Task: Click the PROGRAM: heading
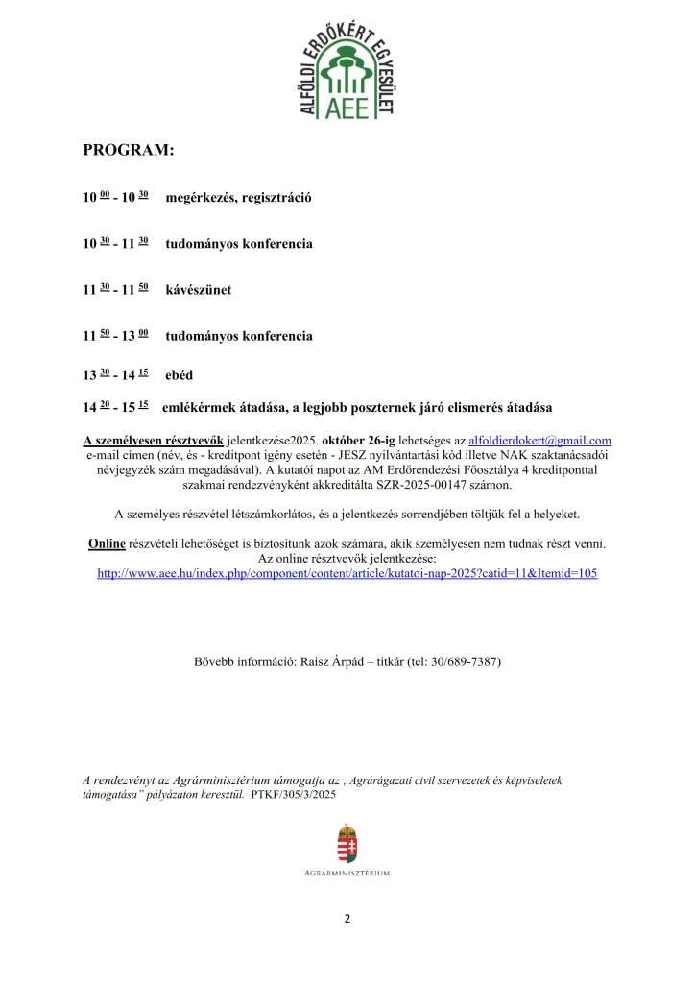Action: (129, 150)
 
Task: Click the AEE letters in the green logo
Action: (347, 107)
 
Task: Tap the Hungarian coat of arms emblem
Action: (347, 843)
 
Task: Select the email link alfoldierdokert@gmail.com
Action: (539, 440)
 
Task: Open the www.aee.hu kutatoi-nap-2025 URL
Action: (347, 573)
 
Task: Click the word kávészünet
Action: (199, 289)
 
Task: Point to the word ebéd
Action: (180, 375)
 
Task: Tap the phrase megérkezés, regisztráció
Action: (239, 197)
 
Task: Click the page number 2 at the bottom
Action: (347, 919)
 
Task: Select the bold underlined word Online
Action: (107, 544)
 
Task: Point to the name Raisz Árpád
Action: (335, 662)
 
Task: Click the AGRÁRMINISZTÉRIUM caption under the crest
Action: (347, 873)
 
